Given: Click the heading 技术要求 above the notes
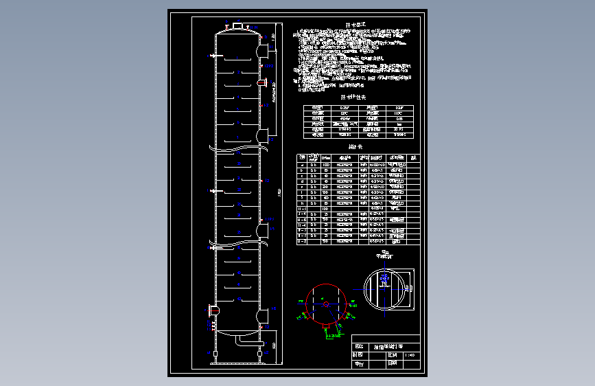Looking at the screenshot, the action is tap(355, 25).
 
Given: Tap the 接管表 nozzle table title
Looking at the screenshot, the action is tap(354, 147).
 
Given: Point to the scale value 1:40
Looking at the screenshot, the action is tap(410, 356).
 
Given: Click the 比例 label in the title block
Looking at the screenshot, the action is tap(393, 356).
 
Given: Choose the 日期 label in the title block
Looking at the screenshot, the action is tap(393, 365).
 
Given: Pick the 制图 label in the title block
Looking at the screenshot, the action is tap(358, 356).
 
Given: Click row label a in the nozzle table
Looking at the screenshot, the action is tap(303, 166).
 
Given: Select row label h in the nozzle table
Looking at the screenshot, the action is tap(303, 203).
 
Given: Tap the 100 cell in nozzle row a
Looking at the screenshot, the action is tap(325, 166).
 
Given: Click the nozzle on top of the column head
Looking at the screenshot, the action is tap(237, 26).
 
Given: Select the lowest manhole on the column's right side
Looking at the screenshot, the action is tap(263, 317).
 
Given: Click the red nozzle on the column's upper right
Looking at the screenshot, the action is tap(261, 82).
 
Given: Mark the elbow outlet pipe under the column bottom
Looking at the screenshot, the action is tap(240, 341).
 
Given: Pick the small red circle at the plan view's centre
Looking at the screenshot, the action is tap(325, 303).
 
